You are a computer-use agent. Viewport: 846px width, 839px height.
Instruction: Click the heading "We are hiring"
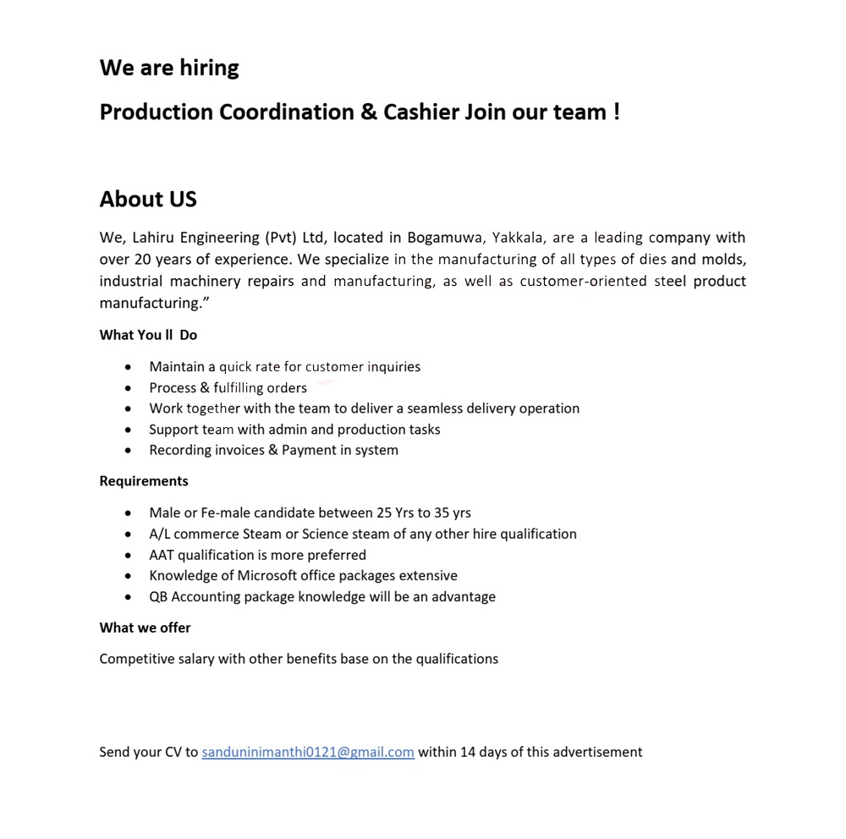point(169,68)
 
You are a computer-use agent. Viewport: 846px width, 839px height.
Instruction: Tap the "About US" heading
point(148,200)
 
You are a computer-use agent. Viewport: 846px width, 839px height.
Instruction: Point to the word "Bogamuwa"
point(445,238)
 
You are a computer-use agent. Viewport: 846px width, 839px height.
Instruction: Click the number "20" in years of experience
point(141,260)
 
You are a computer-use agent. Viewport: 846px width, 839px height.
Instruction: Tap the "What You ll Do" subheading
point(148,335)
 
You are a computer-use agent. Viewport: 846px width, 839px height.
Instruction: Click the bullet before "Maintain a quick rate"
point(128,367)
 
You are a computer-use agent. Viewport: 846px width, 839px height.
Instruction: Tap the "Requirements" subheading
point(144,481)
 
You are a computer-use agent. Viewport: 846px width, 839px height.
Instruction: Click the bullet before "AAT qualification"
point(128,556)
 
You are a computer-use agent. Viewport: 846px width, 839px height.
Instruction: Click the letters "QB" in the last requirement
point(159,597)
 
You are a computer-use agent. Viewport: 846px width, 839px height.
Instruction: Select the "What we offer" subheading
point(145,628)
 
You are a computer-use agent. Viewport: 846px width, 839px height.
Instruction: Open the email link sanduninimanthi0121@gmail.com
point(308,752)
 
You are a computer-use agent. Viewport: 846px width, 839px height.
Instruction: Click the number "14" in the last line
point(468,752)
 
